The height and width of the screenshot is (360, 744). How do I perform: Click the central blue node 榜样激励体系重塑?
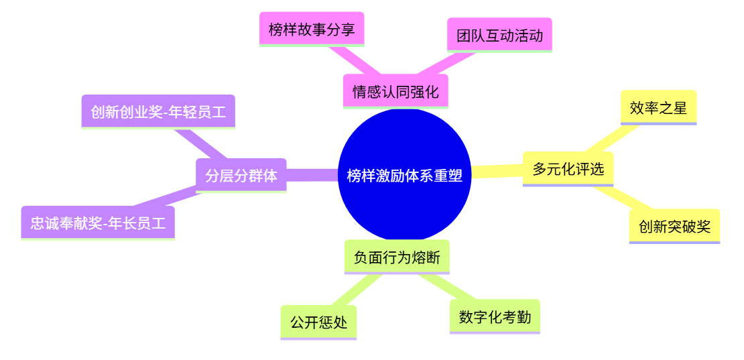[404, 175]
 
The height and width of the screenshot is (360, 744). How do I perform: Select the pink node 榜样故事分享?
[312, 29]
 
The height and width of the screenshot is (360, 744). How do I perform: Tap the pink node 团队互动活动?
[499, 36]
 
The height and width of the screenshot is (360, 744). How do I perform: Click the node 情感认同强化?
[395, 91]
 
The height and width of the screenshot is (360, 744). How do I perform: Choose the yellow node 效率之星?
[658, 107]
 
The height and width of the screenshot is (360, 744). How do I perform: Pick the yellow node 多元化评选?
[568, 169]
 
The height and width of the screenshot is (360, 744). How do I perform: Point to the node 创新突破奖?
[674, 226]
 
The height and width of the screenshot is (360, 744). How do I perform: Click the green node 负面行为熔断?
[397, 257]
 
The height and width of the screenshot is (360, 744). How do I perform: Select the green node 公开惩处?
[318, 322]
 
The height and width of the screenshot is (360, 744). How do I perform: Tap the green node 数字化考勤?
[495, 316]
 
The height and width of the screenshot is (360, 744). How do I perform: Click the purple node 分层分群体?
[241, 176]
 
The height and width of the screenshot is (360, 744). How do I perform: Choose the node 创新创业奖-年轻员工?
[158, 112]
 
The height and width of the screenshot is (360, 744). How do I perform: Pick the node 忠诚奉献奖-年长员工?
[98, 223]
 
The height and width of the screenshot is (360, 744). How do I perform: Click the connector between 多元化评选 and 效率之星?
[610, 139]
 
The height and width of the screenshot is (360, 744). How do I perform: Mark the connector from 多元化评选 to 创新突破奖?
[614, 198]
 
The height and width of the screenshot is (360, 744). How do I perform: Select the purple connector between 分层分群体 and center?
[312, 175]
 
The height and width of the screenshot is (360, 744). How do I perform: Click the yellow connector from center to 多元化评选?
[497, 172]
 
